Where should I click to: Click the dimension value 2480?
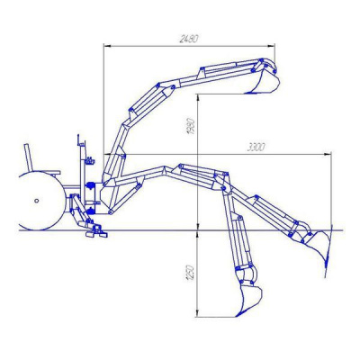tap(189, 39)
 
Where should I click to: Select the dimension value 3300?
tap(256, 148)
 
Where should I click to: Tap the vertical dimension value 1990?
tap(191, 127)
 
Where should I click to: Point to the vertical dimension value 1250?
tap(191, 273)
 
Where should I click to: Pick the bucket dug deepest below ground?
tap(248, 300)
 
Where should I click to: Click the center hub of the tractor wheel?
tap(37, 201)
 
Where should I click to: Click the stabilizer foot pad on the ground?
tap(96, 234)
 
